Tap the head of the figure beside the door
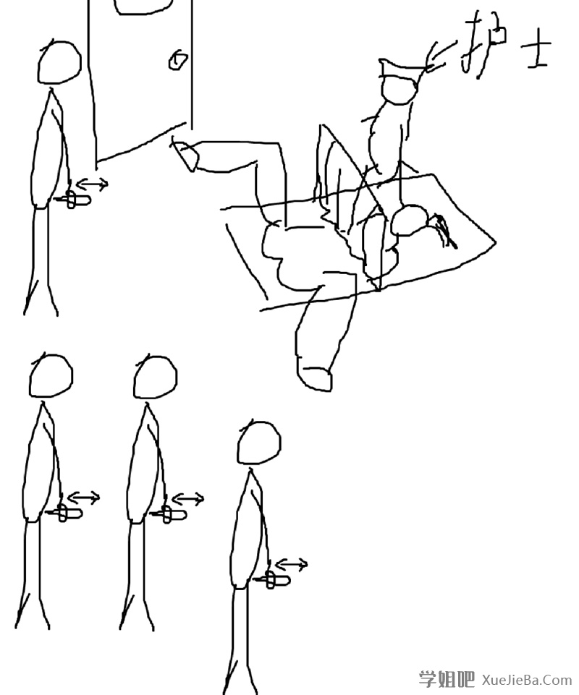click(x=59, y=62)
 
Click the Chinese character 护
click(x=483, y=43)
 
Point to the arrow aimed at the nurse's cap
click(x=441, y=56)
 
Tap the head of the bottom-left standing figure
click(x=51, y=376)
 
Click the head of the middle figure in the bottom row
click(x=155, y=377)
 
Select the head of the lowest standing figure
click(x=259, y=443)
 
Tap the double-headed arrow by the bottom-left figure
click(x=84, y=498)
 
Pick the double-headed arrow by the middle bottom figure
click(x=188, y=499)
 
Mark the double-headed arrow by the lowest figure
click(x=292, y=565)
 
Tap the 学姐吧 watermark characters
click(x=447, y=679)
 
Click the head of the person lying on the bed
click(x=411, y=221)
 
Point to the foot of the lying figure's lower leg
click(x=315, y=378)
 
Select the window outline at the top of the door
click(x=143, y=7)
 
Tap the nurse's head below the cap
click(x=400, y=91)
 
